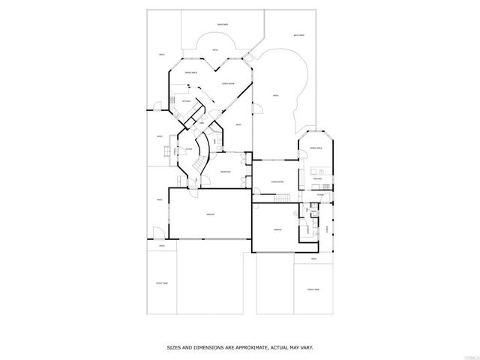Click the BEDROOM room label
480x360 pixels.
click(x=225, y=172)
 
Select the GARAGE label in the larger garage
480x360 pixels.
click(x=210, y=215)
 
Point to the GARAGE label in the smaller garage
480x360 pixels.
click(x=277, y=229)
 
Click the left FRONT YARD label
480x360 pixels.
click(x=161, y=283)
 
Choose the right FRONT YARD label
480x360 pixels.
click(x=313, y=289)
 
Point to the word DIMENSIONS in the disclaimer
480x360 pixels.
click(x=205, y=347)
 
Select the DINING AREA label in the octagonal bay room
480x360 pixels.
click(x=191, y=72)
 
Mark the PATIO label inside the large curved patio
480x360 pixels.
click(x=275, y=95)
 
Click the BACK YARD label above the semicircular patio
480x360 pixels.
click(x=222, y=25)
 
